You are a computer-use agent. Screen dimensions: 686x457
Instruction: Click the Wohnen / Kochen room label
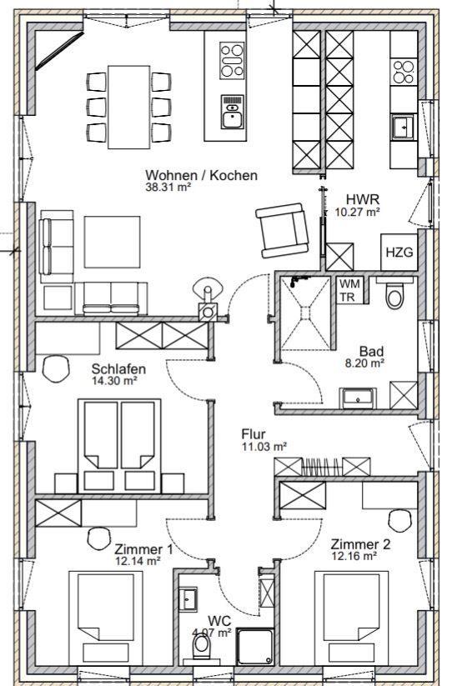(x=201, y=175)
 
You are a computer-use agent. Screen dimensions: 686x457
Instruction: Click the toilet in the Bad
(x=395, y=293)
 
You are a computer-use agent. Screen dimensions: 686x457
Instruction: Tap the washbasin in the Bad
(x=358, y=396)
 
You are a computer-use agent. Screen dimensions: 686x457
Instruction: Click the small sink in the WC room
(x=188, y=598)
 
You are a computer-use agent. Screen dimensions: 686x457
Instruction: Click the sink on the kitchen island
(x=232, y=112)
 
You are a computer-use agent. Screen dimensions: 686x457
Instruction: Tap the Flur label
(x=253, y=434)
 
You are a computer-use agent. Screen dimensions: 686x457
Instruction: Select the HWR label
(x=363, y=200)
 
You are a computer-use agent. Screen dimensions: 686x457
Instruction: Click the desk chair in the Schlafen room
(x=57, y=367)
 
